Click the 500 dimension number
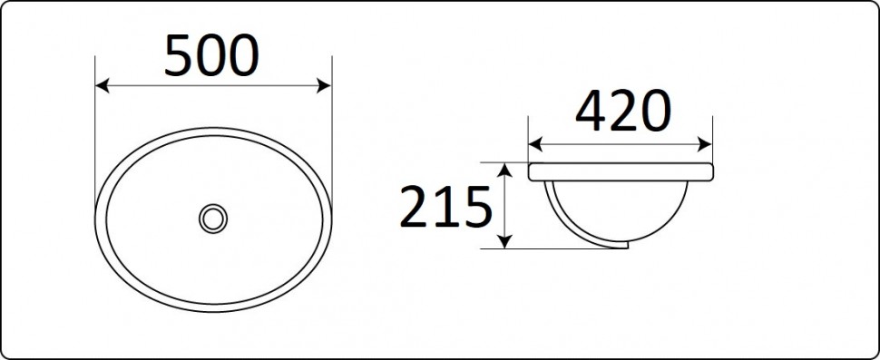211,55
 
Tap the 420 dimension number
623,111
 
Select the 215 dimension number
446,208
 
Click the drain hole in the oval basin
213,219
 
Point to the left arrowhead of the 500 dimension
103,86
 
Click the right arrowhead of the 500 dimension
324,86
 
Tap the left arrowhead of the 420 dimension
535,144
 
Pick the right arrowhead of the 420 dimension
704,144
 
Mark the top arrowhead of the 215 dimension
505,170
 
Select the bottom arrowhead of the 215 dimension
505,242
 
